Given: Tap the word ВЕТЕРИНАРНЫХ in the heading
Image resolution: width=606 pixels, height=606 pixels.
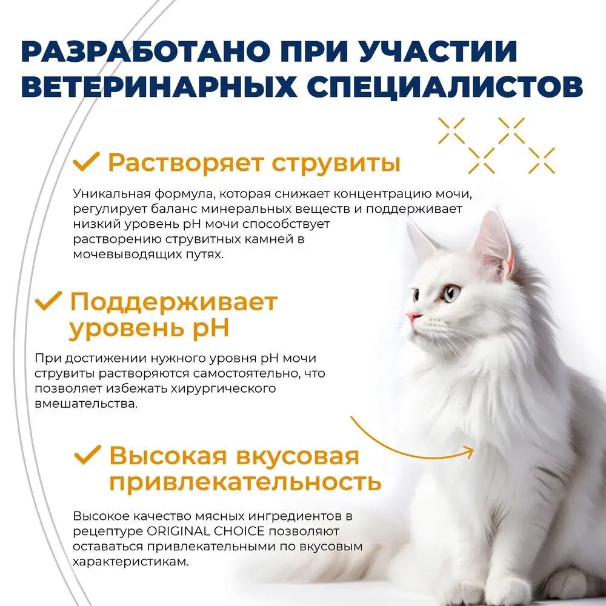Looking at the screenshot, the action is click(x=159, y=87).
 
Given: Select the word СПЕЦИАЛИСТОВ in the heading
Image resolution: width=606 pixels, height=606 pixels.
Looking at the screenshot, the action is click(x=445, y=87).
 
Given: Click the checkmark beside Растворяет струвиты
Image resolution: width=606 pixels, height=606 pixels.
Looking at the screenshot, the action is click(x=86, y=162).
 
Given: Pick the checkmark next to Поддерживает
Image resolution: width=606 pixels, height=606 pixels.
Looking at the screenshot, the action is click(x=48, y=301).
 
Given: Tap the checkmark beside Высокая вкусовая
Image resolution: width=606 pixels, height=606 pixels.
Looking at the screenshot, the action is click(x=88, y=454).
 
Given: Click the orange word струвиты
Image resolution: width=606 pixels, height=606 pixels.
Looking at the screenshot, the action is click(x=336, y=164).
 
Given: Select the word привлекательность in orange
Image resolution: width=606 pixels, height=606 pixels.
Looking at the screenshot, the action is click(x=245, y=482).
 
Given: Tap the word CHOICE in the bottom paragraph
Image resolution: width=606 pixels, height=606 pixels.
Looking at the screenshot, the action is click(x=239, y=531).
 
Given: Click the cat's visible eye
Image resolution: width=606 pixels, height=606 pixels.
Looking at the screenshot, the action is click(x=451, y=293).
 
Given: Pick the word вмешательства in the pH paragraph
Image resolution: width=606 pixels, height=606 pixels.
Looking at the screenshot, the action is click(x=86, y=404).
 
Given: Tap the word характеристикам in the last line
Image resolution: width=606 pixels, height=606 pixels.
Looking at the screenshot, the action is click(x=131, y=562).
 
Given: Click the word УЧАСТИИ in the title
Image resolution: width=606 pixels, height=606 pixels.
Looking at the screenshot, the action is click(x=438, y=51).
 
